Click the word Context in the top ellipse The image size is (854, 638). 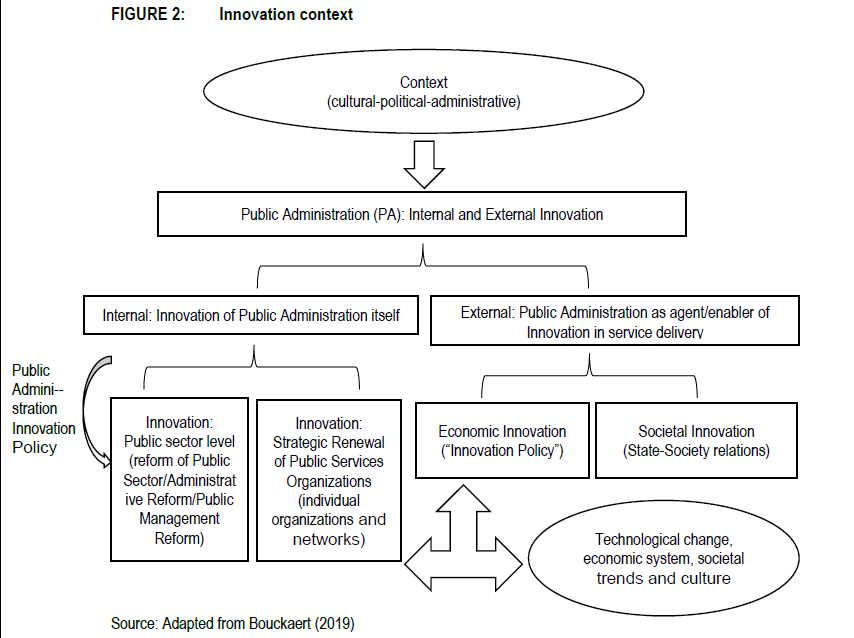[x=423, y=82]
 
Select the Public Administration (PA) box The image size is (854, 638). [x=422, y=214]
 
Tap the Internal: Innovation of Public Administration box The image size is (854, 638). [x=251, y=315]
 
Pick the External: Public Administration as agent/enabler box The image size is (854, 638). [x=615, y=320]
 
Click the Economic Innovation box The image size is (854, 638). [x=502, y=440]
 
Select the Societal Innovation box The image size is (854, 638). [x=696, y=440]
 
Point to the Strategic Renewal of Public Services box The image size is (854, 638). [x=329, y=480]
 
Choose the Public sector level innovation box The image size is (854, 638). [x=179, y=479]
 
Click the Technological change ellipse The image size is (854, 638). [x=663, y=558]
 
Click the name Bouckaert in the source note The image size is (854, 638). [x=280, y=623]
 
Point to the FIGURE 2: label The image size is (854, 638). [x=148, y=14]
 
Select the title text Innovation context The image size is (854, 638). [x=286, y=14]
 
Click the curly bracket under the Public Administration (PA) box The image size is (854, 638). [x=423, y=266]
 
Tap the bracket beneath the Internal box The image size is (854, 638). [x=254, y=367]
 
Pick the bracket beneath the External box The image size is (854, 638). [x=589, y=375]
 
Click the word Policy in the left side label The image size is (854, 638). [x=34, y=447]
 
